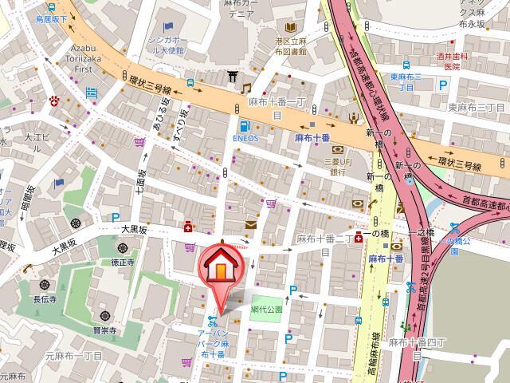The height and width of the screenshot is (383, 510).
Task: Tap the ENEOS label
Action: pos(245,137)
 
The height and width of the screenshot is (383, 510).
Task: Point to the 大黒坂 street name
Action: pos(135,229)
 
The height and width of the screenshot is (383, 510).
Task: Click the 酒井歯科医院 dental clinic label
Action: pos(452,61)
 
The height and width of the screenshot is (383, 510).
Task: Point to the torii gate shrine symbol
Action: pos(232,77)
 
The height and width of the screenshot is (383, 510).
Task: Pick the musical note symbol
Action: pos(247,88)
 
